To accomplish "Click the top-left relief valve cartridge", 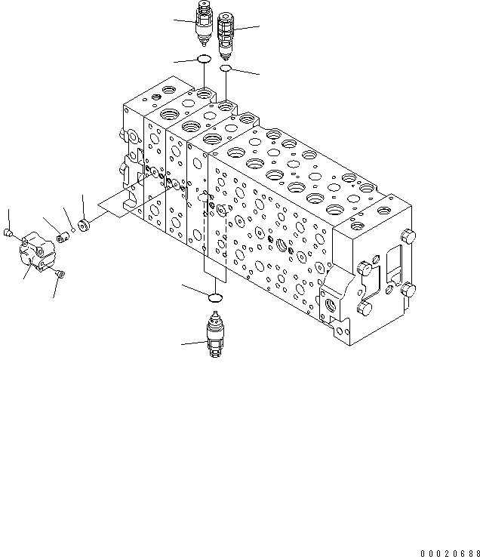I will click(204, 23).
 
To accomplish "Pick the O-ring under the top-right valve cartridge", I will click(226, 69).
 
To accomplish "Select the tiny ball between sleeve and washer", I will click(74, 230).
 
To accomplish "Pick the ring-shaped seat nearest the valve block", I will click(85, 224).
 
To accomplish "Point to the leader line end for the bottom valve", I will click(182, 346).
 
